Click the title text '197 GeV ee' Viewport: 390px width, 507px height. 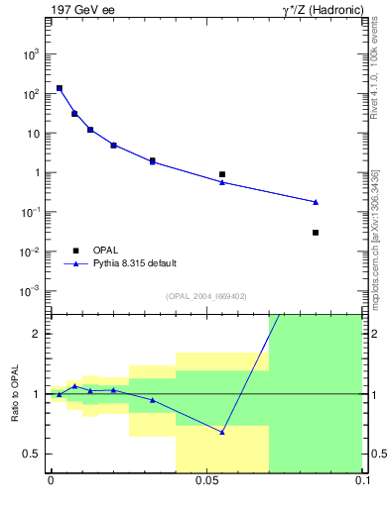pos(82,10)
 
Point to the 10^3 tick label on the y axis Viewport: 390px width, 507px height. pos(31,54)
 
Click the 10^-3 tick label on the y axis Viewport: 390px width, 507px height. pos(30,291)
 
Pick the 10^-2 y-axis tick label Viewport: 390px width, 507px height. pos(30,252)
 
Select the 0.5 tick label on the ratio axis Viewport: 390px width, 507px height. pos(32,454)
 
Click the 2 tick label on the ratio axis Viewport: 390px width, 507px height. pos(36,334)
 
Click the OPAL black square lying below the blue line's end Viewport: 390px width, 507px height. pos(316,233)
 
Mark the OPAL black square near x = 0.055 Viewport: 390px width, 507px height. pos(222,174)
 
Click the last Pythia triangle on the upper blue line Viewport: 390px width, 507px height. pos(316,202)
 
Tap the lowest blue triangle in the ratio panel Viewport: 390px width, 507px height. pos(222,432)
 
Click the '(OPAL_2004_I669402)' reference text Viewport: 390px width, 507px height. pos(206,296)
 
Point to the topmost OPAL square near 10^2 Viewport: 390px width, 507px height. pos(60,88)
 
